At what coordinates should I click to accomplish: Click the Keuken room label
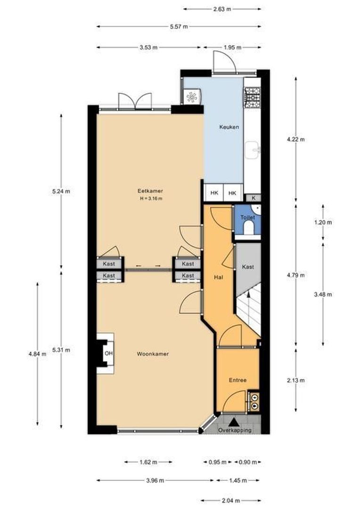(x=229, y=127)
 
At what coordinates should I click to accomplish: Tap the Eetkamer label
(x=150, y=191)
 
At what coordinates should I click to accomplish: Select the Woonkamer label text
(x=153, y=353)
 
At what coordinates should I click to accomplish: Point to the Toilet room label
(x=247, y=218)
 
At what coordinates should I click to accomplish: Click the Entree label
(x=237, y=380)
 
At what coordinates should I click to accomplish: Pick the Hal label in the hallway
(x=218, y=277)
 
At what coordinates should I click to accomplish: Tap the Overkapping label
(x=235, y=430)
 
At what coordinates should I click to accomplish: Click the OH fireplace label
(x=108, y=353)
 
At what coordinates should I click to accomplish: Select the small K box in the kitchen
(x=254, y=198)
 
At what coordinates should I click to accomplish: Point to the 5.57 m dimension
(x=180, y=27)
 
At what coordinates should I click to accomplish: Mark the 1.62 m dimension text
(x=148, y=462)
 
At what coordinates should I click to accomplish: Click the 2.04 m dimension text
(x=230, y=500)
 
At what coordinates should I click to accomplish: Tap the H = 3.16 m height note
(x=150, y=198)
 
